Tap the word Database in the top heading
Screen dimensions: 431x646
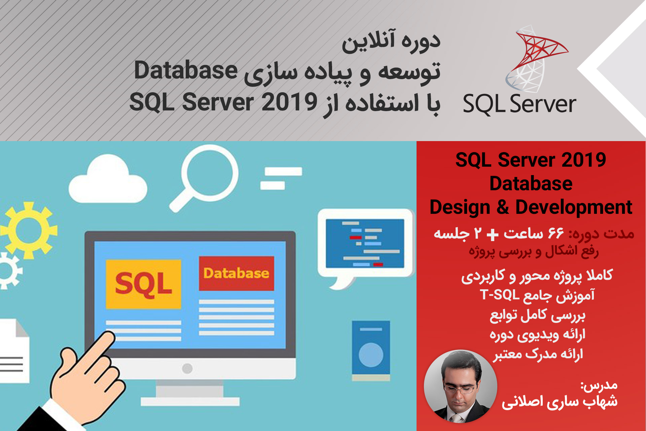pos(186,71)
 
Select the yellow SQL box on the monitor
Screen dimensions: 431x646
pos(143,284)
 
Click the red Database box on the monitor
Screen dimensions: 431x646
pos(236,273)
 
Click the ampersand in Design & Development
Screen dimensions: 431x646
pos(503,207)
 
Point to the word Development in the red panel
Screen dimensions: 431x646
pos(574,207)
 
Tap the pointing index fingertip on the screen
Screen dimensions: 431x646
pos(108,337)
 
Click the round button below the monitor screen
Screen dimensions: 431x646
pos(187,368)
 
